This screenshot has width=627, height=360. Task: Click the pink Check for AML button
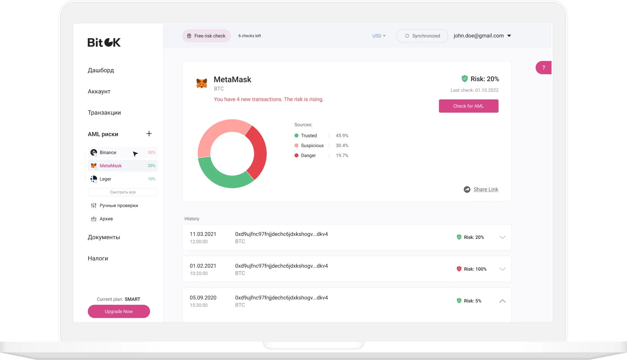468,106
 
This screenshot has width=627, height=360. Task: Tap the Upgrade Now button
119,311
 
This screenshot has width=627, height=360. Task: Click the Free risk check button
206,36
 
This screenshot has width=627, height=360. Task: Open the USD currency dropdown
379,36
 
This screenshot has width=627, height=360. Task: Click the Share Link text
485,190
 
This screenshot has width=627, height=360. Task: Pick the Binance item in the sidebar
108,152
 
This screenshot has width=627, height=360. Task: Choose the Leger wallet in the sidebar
105,179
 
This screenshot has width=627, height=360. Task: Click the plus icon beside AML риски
149,134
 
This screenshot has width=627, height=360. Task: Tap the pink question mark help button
543,68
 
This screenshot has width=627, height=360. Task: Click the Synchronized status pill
422,36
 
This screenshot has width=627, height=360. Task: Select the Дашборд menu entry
101,70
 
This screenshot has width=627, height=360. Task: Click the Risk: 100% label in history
475,269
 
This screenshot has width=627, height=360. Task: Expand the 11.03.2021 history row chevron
502,237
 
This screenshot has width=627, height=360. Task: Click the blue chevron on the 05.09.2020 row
502,301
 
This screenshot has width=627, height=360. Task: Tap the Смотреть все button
123,192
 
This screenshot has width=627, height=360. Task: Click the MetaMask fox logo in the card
202,83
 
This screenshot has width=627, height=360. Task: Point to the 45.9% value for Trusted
342,136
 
